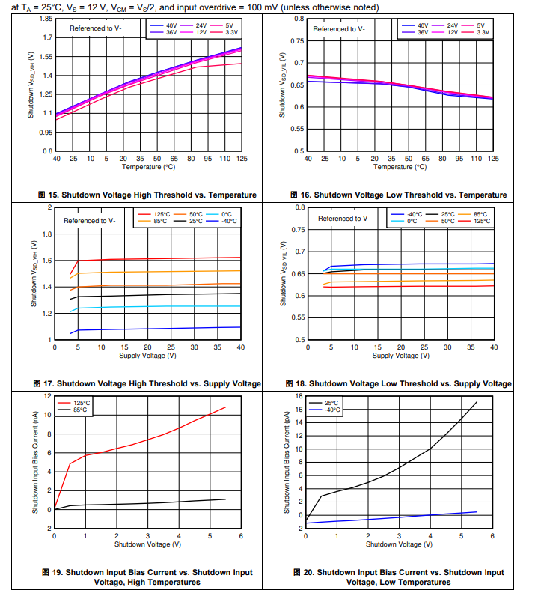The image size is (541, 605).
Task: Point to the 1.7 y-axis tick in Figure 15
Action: (x=47, y=37)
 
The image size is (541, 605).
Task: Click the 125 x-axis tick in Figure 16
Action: (x=493, y=159)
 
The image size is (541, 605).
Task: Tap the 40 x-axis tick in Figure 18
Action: (x=493, y=347)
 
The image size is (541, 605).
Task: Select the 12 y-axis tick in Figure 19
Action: (x=47, y=395)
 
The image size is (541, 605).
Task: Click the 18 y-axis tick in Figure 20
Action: (x=299, y=395)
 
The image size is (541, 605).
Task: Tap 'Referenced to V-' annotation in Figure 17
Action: (x=93, y=221)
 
